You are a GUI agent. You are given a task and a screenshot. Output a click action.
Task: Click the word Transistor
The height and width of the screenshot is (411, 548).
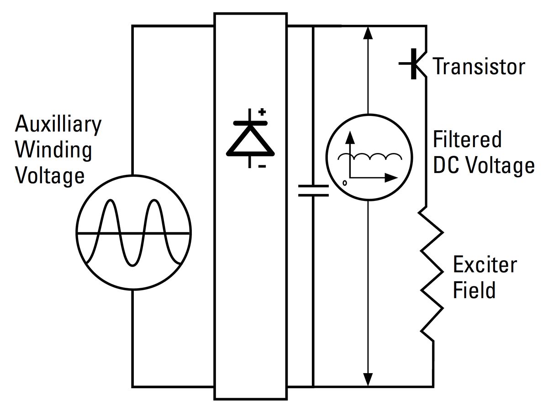tap(479, 66)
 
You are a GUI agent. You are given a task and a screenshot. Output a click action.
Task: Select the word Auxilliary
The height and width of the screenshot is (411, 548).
tap(58, 124)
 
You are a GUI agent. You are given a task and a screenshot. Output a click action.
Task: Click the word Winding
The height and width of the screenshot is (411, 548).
tap(53, 149)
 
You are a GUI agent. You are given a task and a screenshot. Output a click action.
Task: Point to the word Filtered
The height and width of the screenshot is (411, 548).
tap(467, 139)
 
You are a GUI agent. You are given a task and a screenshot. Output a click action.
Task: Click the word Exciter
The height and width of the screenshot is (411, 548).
tap(485, 265)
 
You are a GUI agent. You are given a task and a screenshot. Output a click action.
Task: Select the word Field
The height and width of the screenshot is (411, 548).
tap(474, 290)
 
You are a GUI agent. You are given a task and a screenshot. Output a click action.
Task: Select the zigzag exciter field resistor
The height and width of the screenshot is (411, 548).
tap(432, 274)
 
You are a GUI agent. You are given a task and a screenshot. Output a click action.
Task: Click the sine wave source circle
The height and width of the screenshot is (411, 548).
tap(133, 233)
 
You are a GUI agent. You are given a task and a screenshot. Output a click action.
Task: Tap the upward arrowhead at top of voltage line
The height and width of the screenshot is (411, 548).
tap(369, 33)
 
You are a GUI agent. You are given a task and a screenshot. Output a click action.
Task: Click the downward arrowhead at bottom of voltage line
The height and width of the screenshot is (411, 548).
tap(369, 379)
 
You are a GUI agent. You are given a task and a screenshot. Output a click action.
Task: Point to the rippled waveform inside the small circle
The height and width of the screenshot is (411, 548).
tap(370, 157)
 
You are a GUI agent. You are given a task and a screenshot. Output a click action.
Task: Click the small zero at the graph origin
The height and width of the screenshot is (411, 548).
tap(345, 183)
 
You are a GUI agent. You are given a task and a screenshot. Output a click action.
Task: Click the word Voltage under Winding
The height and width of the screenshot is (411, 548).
tap(50, 175)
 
